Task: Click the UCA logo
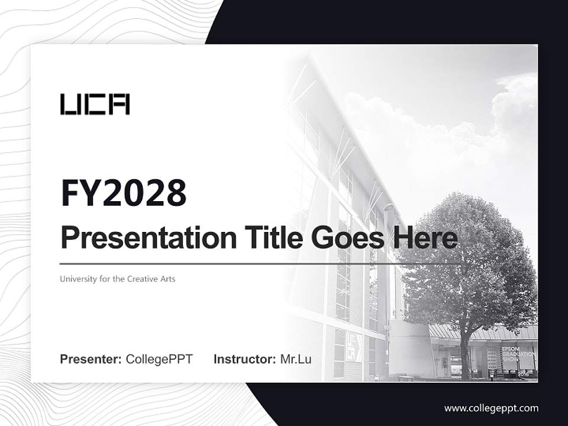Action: click(x=95, y=104)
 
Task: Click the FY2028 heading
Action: click(x=124, y=193)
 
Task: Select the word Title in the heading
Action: click(x=268, y=238)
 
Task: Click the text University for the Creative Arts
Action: click(x=118, y=279)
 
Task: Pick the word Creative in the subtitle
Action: click(x=143, y=279)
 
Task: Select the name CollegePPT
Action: click(x=159, y=359)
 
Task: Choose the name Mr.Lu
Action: click(x=295, y=359)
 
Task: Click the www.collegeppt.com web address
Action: click(x=491, y=408)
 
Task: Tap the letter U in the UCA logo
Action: click(x=69, y=104)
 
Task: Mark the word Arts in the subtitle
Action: click(x=167, y=279)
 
